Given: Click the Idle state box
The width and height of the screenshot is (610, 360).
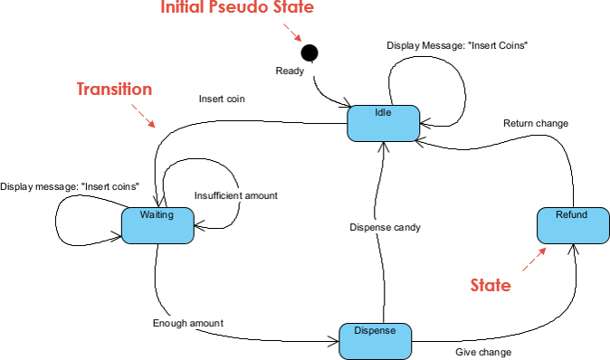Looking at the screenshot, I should click(x=383, y=123).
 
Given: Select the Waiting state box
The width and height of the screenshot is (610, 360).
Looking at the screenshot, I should click(x=158, y=224).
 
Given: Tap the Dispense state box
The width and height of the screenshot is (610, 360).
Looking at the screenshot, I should click(x=375, y=340).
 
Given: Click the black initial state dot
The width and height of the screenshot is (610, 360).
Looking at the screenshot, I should click(x=310, y=52).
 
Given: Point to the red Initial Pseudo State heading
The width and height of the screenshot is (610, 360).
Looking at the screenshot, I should click(x=237, y=9).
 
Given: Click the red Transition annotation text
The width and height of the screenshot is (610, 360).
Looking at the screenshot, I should click(x=113, y=90).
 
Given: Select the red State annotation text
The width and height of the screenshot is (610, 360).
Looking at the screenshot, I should click(x=491, y=286).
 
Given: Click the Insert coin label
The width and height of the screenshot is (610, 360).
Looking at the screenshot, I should click(x=223, y=99).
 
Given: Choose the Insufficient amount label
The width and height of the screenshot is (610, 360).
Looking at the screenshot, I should click(x=236, y=195).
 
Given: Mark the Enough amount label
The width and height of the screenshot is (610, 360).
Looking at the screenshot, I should click(x=187, y=322).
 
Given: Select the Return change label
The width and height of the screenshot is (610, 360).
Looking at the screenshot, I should click(x=536, y=123).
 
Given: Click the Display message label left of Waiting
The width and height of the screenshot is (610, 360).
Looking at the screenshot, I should click(x=70, y=186).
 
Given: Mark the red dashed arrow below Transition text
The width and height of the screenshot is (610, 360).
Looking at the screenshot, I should click(x=143, y=114).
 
